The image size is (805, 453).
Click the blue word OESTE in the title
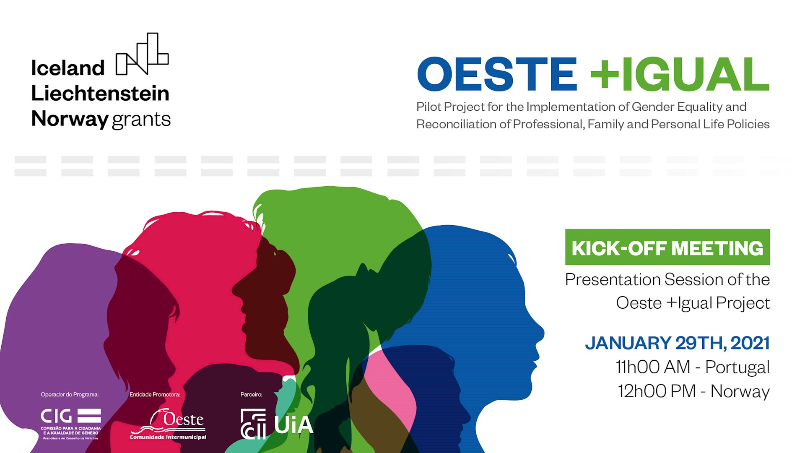(497, 74)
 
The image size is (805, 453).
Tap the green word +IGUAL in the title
(680, 74)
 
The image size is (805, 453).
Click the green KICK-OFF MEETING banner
(667, 247)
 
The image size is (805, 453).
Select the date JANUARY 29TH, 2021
(677, 343)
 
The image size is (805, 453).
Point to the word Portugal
(737, 367)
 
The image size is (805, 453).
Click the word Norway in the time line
(740, 391)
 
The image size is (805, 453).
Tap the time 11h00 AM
(653, 367)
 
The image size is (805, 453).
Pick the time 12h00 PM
(657, 391)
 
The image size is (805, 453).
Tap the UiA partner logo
(277, 424)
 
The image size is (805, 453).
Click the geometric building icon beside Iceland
(142, 54)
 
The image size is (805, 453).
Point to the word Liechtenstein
(100, 94)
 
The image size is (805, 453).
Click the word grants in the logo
(141, 120)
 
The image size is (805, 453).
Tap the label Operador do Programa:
(70, 395)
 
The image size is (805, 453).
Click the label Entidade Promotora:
(155, 395)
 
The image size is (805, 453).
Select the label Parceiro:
(251, 395)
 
